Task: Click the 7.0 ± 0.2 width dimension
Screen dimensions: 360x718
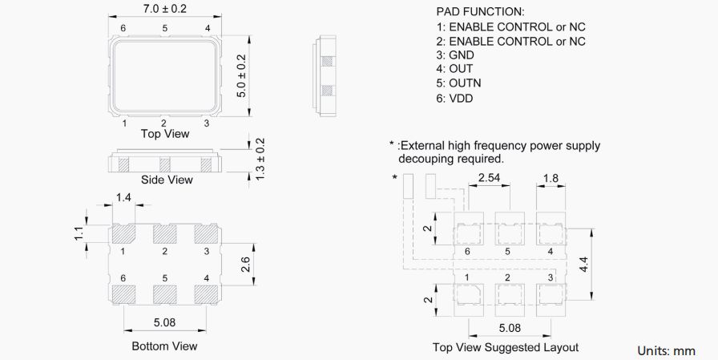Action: point(164,10)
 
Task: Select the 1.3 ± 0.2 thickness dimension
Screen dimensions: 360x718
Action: point(260,159)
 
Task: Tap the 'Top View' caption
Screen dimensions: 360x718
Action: point(165,134)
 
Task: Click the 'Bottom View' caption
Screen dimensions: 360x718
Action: point(164,346)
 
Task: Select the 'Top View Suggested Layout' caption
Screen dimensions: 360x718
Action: point(506,347)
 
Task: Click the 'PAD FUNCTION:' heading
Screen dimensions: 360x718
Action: point(480,12)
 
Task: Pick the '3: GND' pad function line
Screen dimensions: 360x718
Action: point(455,55)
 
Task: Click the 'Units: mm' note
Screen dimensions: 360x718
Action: point(666,351)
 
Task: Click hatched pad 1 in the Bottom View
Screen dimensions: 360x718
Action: point(123,233)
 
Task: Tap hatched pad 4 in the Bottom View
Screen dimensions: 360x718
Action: point(206,293)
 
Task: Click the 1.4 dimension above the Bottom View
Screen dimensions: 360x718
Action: point(123,197)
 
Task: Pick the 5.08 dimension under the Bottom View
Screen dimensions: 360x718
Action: point(164,322)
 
